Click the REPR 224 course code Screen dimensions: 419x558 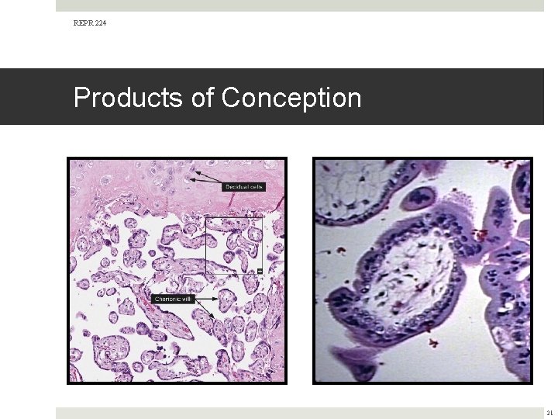(90, 23)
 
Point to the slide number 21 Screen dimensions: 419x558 (549, 413)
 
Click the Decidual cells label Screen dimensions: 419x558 (244, 187)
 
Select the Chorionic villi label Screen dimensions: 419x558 (173, 299)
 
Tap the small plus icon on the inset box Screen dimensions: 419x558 (260, 271)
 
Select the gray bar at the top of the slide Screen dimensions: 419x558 (300, 5)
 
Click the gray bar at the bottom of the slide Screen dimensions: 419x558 (300, 413)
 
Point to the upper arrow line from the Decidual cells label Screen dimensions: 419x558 (208, 175)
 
